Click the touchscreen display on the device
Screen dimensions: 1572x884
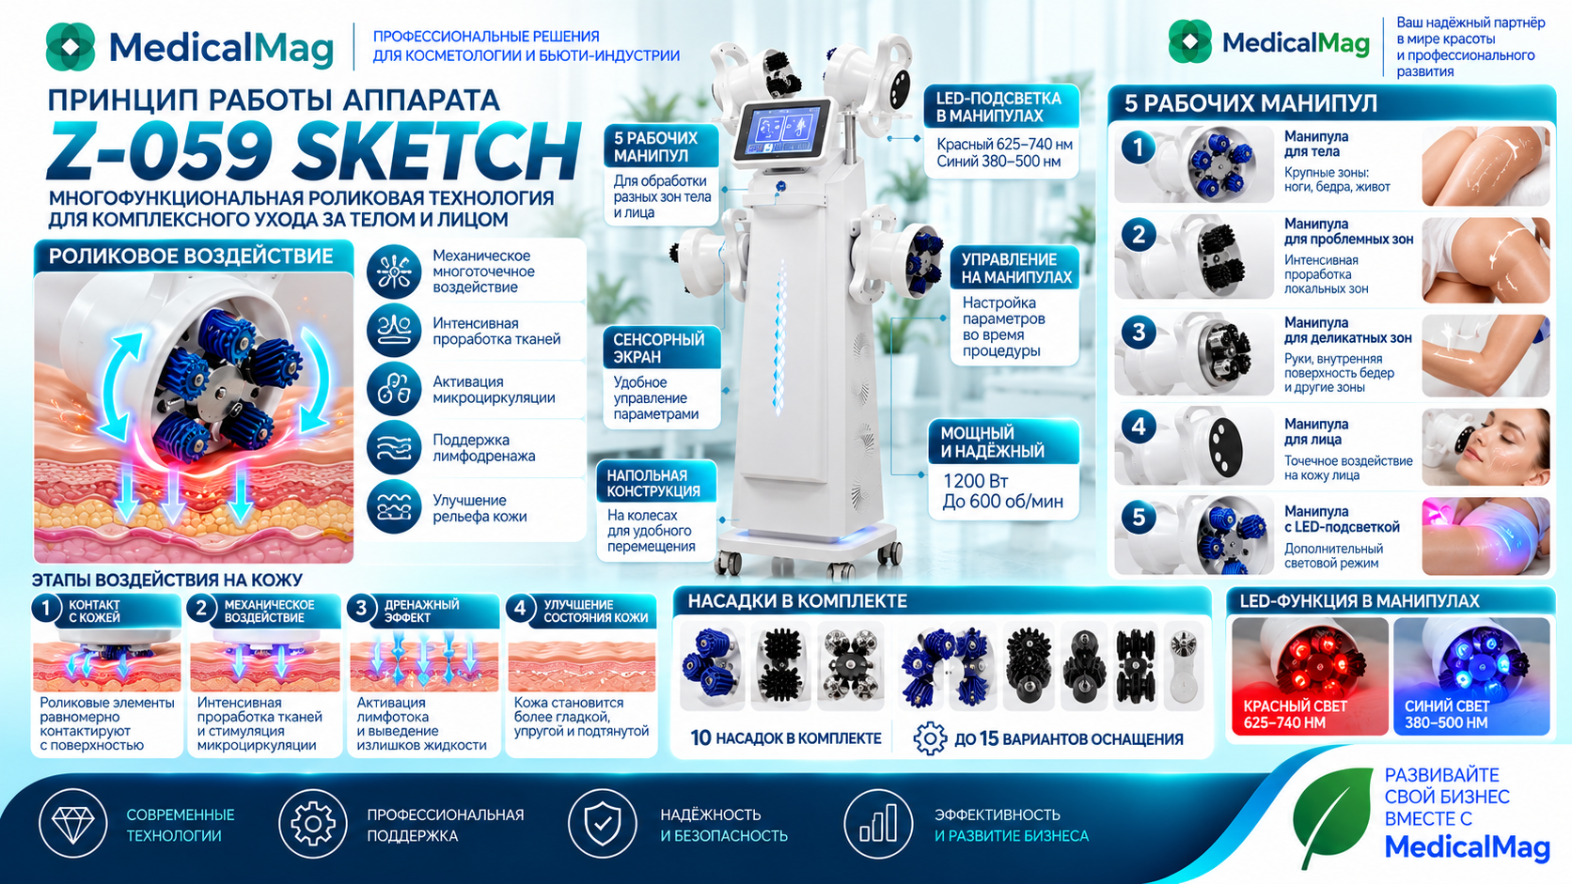click(x=782, y=131)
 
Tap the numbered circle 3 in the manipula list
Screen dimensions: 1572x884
click(x=1139, y=332)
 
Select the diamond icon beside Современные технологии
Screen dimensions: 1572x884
click(x=73, y=824)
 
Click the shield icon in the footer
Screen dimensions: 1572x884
click(x=602, y=824)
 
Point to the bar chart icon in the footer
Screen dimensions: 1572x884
click(x=878, y=824)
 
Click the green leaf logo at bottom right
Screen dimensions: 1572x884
click(x=1332, y=816)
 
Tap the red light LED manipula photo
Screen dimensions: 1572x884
click(x=1310, y=676)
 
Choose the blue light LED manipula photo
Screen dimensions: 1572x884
click(x=1471, y=676)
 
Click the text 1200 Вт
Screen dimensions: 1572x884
click(x=976, y=481)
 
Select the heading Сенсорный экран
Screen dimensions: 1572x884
click(x=659, y=348)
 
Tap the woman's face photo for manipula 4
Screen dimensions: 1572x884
click(x=1486, y=447)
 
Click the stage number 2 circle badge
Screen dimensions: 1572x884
click(x=201, y=609)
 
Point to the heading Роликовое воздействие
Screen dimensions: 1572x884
click(x=191, y=256)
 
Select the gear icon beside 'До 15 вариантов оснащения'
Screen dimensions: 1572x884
click(x=930, y=738)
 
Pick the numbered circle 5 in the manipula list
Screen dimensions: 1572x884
click(x=1139, y=518)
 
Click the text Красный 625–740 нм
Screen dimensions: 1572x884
click(x=1004, y=145)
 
